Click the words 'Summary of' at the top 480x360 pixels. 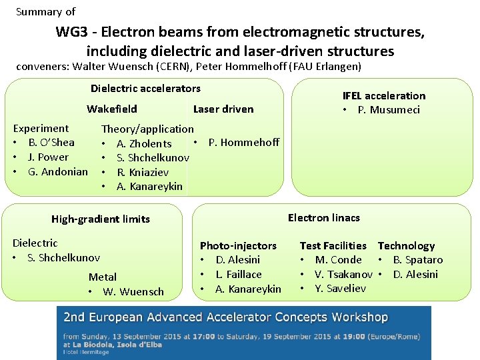(x=45, y=11)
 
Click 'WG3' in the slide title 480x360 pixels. (x=70, y=32)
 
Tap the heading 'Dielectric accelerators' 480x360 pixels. (x=145, y=88)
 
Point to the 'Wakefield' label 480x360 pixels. (x=112, y=109)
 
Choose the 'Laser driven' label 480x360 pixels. (x=223, y=109)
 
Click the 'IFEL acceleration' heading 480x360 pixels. (x=383, y=95)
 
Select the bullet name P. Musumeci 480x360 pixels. (x=389, y=109)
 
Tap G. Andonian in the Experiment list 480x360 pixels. (x=57, y=171)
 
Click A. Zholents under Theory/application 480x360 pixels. (x=144, y=143)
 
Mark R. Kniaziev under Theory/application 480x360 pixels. (x=143, y=172)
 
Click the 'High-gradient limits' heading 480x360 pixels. (x=101, y=219)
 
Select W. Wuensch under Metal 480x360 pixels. (x=133, y=291)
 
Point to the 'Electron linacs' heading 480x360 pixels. (x=323, y=217)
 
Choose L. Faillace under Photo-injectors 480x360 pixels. (x=239, y=274)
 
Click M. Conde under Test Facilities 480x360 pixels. (x=338, y=259)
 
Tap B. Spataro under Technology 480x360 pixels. (x=417, y=259)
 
